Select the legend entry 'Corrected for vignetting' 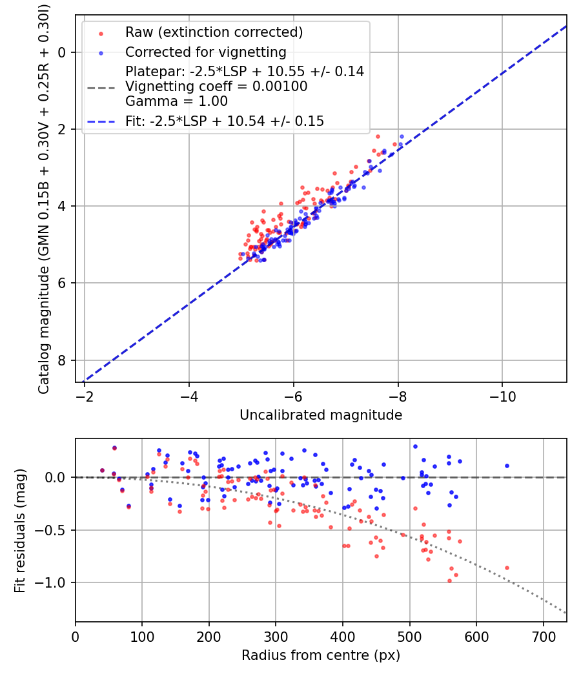coord(206,52)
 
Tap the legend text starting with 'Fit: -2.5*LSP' coord(225,121)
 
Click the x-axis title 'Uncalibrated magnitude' coord(321,415)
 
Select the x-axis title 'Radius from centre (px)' coord(321,655)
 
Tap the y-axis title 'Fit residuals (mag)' coord(20,531)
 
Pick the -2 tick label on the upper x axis coord(85,395)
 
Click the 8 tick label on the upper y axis coord(63,360)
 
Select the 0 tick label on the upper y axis coord(63,52)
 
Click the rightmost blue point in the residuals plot coord(507,466)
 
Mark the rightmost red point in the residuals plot coord(507,568)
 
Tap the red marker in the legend coord(100,32)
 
